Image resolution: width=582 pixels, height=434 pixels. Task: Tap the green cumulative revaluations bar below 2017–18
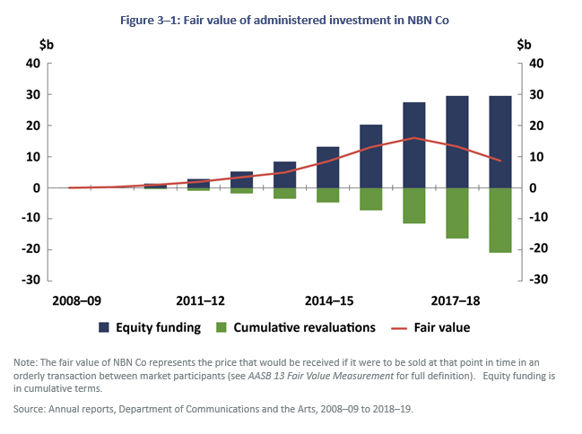[x=457, y=213]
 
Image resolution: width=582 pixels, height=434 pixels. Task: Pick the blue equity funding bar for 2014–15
[x=328, y=167]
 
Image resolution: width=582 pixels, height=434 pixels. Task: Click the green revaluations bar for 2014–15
[x=328, y=195]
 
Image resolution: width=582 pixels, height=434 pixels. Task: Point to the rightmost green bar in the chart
[x=500, y=220]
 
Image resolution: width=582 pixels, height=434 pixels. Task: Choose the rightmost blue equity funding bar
[x=500, y=142]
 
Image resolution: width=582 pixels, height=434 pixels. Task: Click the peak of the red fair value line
[x=414, y=138]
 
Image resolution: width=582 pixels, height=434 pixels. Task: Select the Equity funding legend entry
[x=152, y=327]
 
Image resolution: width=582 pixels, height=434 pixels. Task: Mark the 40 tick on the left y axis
[x=33, y=64]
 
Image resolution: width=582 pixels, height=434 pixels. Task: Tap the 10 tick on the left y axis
[x=33, y=157]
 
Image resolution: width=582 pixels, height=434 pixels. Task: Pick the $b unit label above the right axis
[x=526, y=43]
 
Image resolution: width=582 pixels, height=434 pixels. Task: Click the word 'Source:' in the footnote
[x=30, y=408]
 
